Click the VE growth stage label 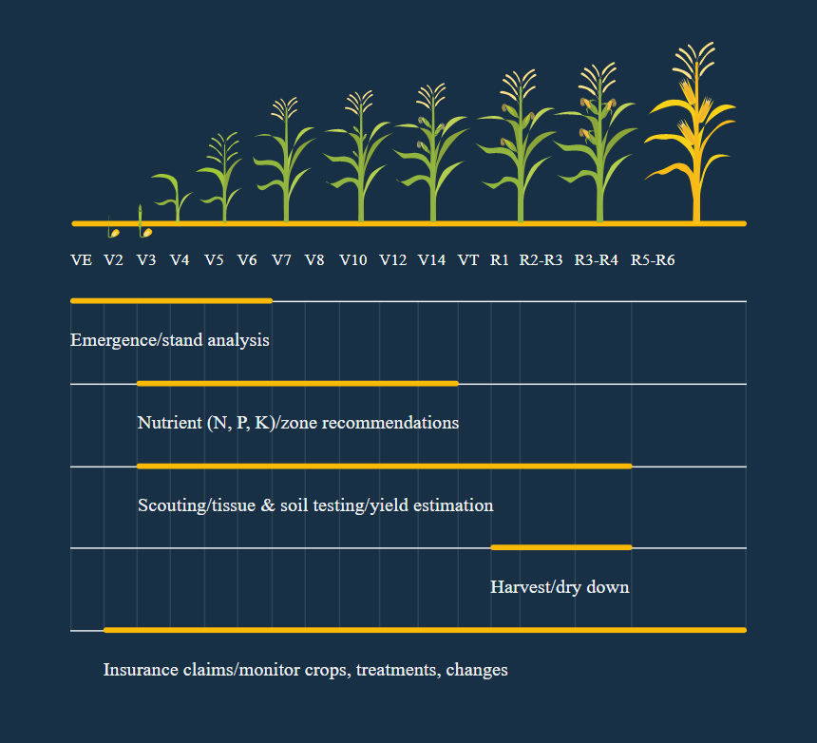(x=82, y=260)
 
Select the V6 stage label (x=247, y=260)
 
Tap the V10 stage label (x=353, y=260)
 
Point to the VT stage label (x=468, y=260)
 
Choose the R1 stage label (x=499, y=260)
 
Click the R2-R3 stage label (x=541, y=260)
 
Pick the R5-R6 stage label (x=653, y=260)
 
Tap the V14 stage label (x=432, y=260)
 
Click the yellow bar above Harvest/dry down (x=561, y=547)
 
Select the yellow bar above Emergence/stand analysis (x=171, y=300)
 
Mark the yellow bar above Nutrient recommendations (x=297, y=384)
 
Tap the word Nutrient (x=169, y=423)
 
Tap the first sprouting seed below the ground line (x=113, y=228)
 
